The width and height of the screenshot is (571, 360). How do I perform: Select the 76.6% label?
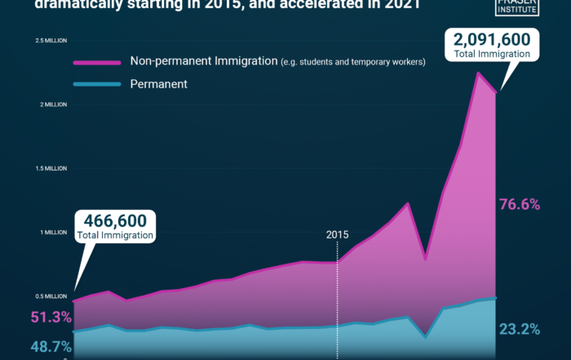[x=520, y=205]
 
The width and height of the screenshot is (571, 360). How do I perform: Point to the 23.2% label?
[x=520, y=330]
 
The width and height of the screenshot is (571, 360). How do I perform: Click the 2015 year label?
[x=338, y=235]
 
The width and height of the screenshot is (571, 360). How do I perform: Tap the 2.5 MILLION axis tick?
[x=51, y=41]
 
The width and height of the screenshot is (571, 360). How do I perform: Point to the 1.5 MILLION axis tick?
[x=51, y=168]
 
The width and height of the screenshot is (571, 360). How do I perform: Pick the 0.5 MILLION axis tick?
[x=51, y=296]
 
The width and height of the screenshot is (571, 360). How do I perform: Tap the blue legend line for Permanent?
[x=96, y=83]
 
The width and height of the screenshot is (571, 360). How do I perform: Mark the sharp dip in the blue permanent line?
[x=425, y=336]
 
